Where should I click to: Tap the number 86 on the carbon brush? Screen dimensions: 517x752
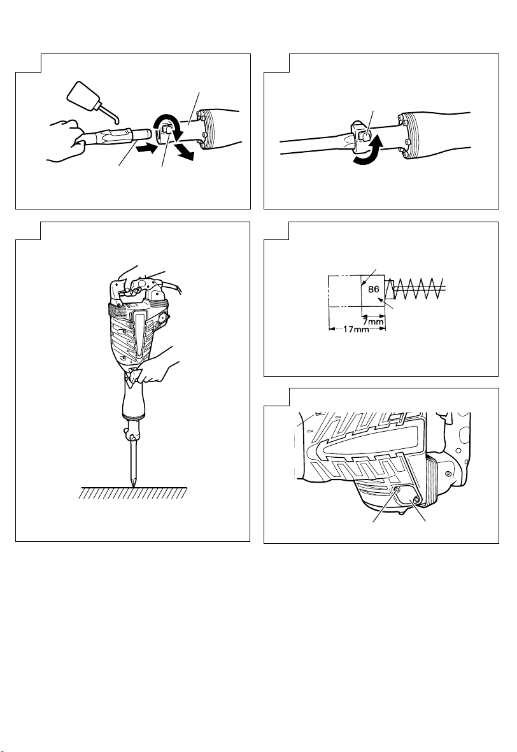[x=374, y=289]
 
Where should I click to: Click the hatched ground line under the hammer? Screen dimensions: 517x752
[x=133, y=493]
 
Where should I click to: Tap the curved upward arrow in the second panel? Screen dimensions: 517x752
[x=368, y=153]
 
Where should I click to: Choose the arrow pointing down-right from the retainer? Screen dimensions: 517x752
[x=184, y=151]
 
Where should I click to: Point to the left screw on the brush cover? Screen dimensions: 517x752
[x=397, y=490]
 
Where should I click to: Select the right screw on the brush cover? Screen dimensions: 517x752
[x=416, y=500]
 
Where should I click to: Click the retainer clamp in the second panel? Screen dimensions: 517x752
[x=362, y=134]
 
